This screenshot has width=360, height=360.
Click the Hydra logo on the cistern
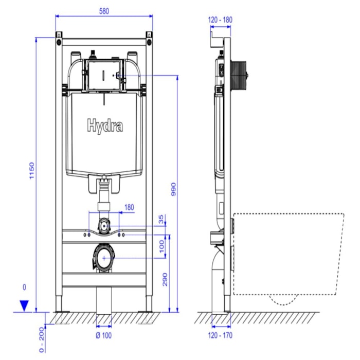coord(104,125)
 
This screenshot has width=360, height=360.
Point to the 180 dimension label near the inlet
coord(129,208)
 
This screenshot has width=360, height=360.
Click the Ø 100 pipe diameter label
coord(104,336)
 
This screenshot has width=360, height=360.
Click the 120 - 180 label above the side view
coord(220,20)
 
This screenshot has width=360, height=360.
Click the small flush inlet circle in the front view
coord(105,224)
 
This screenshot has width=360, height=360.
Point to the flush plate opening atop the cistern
coord(104,75)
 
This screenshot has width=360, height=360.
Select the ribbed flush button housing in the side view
coord(239,73)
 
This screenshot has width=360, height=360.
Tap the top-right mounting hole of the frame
coord(149,42)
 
